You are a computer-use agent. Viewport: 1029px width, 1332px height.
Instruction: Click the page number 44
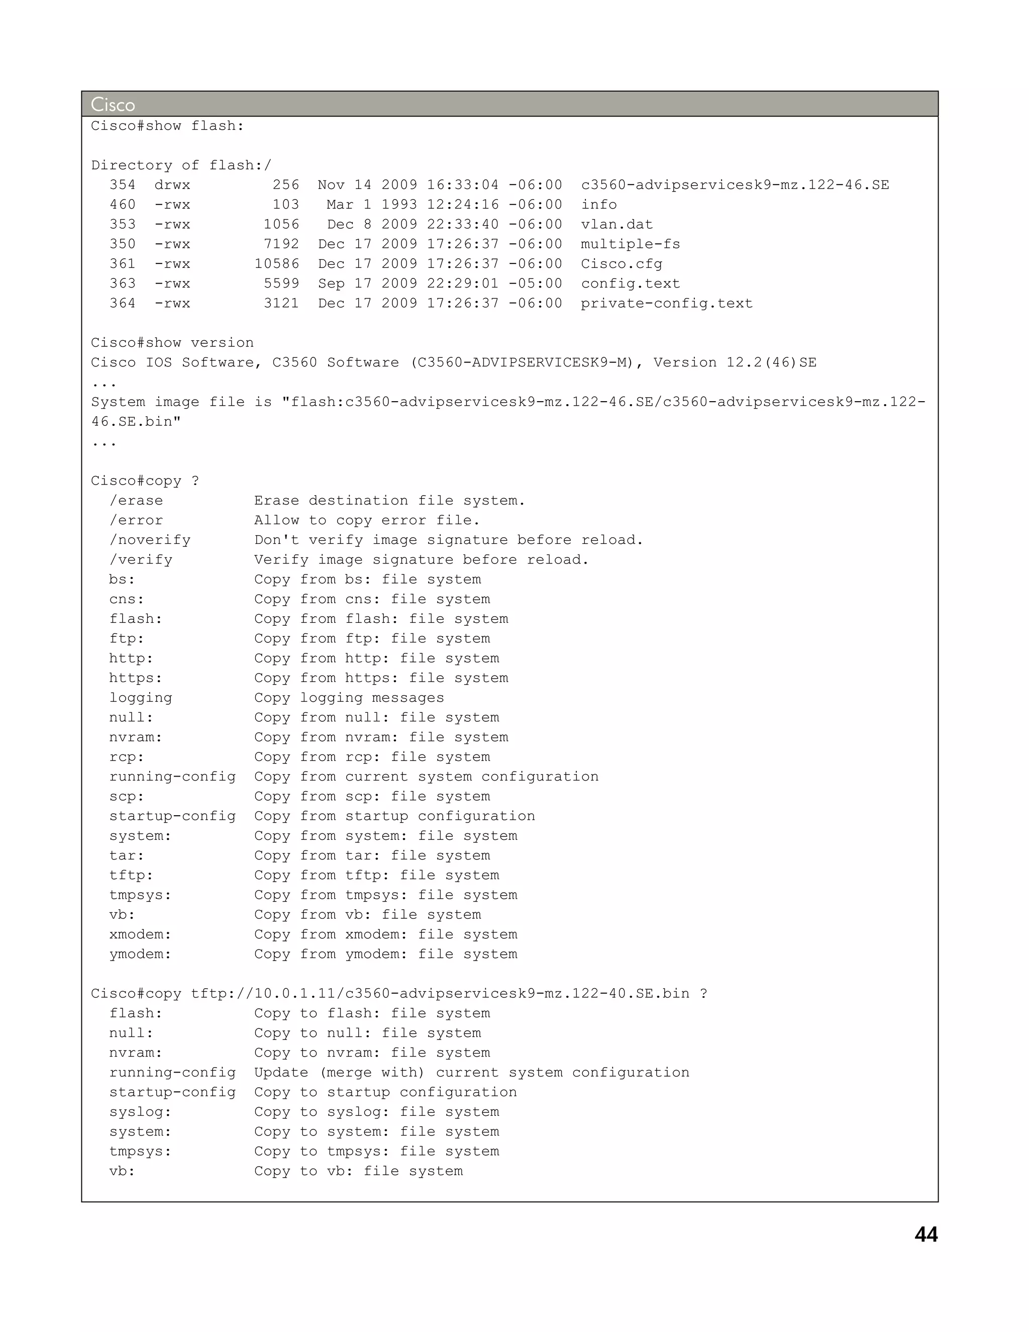(925, 1234)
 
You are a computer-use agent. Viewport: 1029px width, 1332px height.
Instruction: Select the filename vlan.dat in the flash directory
(616, 225)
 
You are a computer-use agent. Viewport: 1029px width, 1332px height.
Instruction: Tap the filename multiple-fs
(630, 244)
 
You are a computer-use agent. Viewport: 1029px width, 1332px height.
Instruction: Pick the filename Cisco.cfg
(621, 264)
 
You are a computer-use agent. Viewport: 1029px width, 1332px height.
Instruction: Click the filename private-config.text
(666, 303)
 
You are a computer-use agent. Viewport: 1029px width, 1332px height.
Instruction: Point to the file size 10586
(277, 264)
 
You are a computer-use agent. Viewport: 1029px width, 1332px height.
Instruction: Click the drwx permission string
(172, 185)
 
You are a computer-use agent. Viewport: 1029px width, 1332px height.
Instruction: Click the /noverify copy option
(150, 540)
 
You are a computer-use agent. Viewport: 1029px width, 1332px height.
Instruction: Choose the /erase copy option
(136, 501)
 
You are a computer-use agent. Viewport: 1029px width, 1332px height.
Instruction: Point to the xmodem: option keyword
(140, 934)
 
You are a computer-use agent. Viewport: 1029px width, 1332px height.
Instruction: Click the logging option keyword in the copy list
(141, 698)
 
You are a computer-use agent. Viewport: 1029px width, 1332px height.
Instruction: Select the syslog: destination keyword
(140, 1112)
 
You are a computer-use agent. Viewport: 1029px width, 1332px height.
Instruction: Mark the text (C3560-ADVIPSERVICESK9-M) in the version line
(527, 363)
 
